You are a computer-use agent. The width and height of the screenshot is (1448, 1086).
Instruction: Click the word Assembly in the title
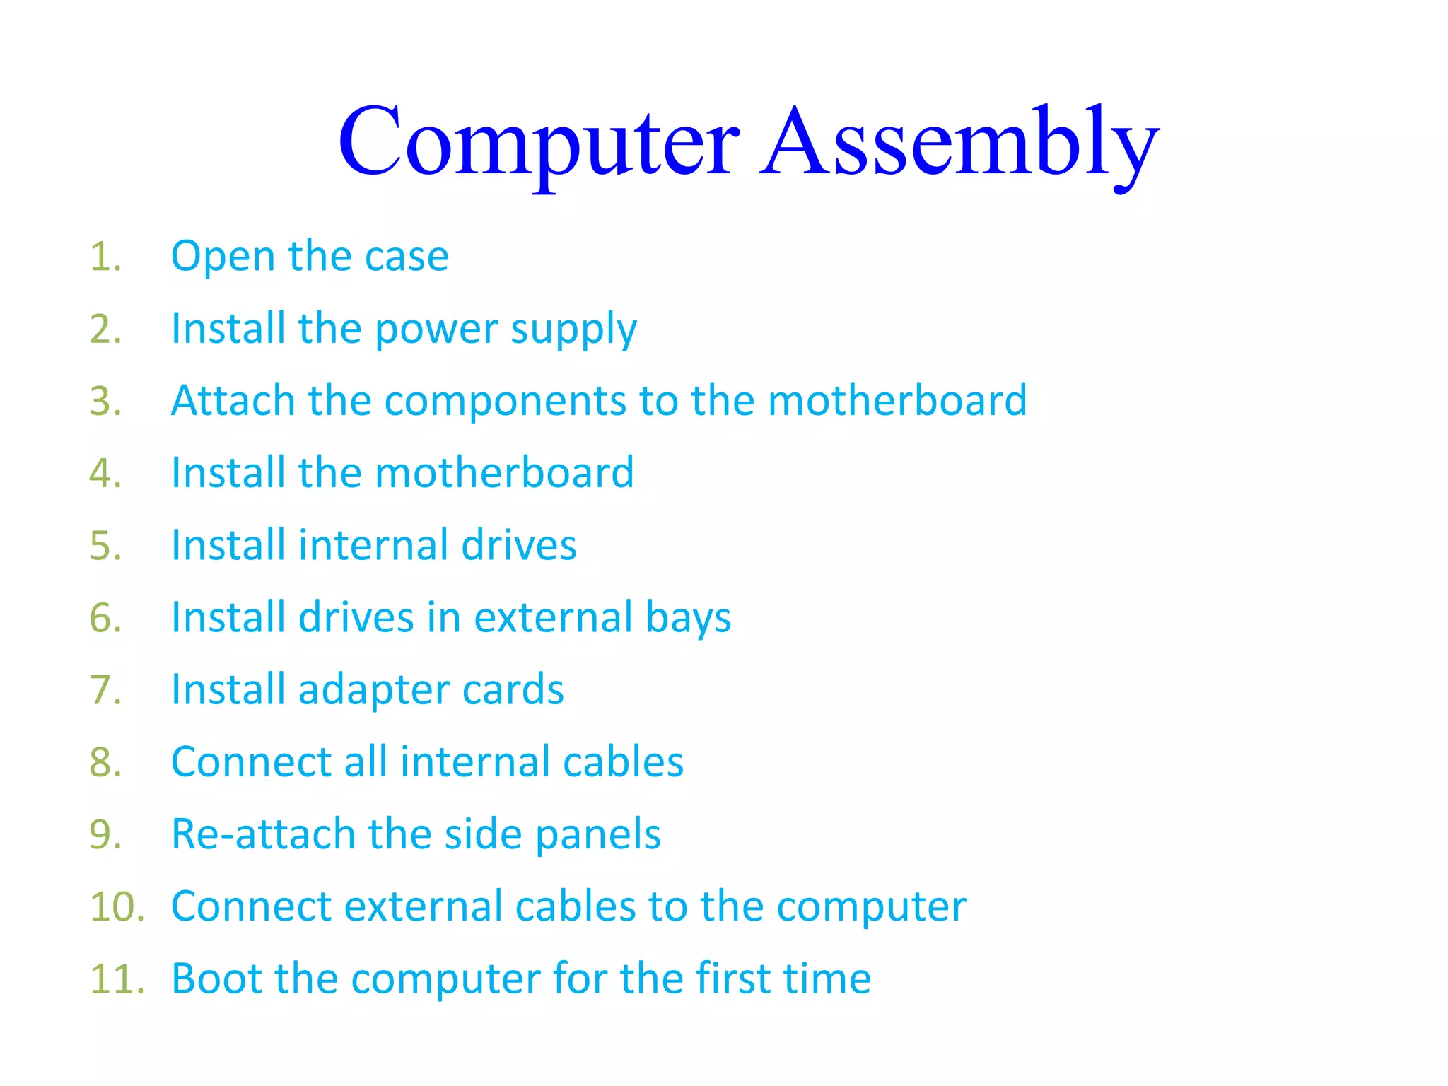coord(959,141)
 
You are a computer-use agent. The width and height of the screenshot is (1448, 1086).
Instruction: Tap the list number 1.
coord(105,257)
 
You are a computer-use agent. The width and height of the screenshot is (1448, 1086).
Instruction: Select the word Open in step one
coord(223,257)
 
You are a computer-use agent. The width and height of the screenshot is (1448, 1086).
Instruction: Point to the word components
coord(505,401)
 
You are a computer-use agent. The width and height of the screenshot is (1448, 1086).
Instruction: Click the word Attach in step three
coord(233,401)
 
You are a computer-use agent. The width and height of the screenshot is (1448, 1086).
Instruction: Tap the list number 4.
coord(105,474)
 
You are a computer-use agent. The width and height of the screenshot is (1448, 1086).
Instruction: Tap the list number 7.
coord(105,691)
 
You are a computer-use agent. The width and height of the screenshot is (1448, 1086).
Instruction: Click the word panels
coord(597,836)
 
